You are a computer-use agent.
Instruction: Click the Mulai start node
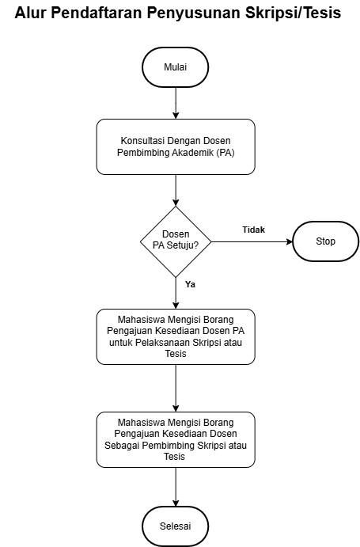click(176, 67)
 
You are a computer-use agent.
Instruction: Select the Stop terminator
click(325, 241)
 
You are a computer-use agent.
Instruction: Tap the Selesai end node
click(176, 526)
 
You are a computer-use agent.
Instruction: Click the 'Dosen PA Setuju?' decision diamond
click(176, 241)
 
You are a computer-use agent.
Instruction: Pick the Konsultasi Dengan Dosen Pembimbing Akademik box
click(176, 147)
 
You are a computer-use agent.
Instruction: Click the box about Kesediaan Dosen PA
click(176, 336)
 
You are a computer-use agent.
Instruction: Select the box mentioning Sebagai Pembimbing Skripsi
click(176, 439)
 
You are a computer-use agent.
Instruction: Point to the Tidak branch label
click(254, 230)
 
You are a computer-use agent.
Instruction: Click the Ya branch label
click(190, 284)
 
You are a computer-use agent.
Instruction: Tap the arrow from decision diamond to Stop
click(252, 241)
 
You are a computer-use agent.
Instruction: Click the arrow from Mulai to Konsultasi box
click(176, 103)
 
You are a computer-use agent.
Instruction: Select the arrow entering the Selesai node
click(176, 487)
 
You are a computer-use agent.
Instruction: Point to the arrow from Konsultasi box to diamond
click(176, 191)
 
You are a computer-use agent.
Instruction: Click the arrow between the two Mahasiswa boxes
click(176, 388)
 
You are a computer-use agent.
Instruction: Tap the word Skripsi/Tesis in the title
click(293, 13)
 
